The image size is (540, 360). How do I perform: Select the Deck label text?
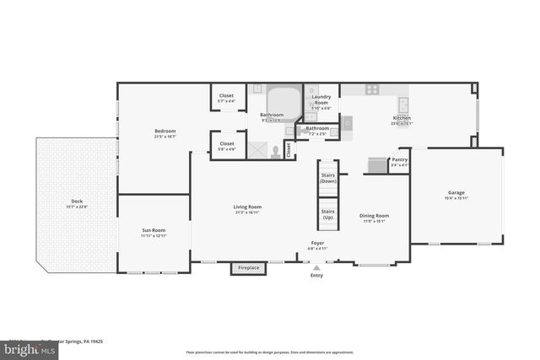[77, 201]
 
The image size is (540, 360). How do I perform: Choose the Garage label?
[456, 193]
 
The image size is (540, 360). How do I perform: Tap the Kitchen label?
[401, 118]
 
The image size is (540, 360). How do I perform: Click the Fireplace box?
[247, 268]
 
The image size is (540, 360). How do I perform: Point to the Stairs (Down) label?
[328, 178]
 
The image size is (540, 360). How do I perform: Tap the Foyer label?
[316, 243]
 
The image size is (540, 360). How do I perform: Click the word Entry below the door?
[316, 276]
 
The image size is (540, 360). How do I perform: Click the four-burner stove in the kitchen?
[372, 89]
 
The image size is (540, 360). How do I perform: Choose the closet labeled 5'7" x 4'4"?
[226, 99]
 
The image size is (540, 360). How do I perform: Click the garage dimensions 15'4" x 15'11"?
[456, 198]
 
